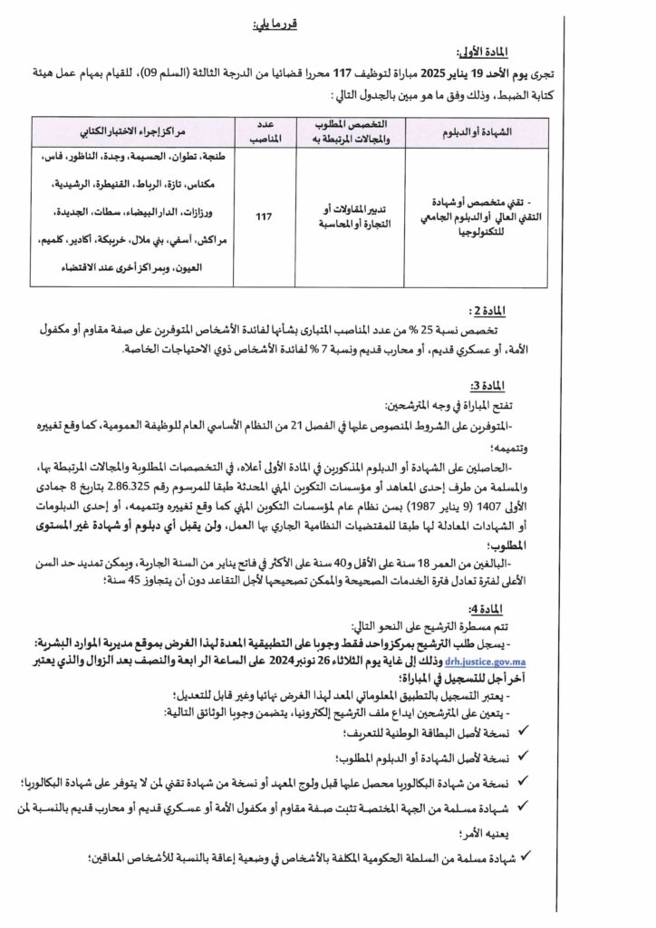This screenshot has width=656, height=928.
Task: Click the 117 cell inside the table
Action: tap(264, 217)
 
